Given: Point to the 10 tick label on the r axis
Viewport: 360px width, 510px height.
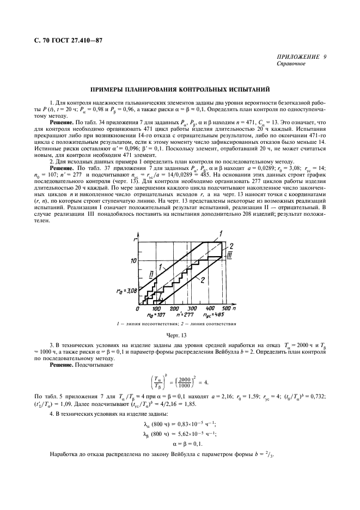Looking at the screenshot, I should point(133,261).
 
